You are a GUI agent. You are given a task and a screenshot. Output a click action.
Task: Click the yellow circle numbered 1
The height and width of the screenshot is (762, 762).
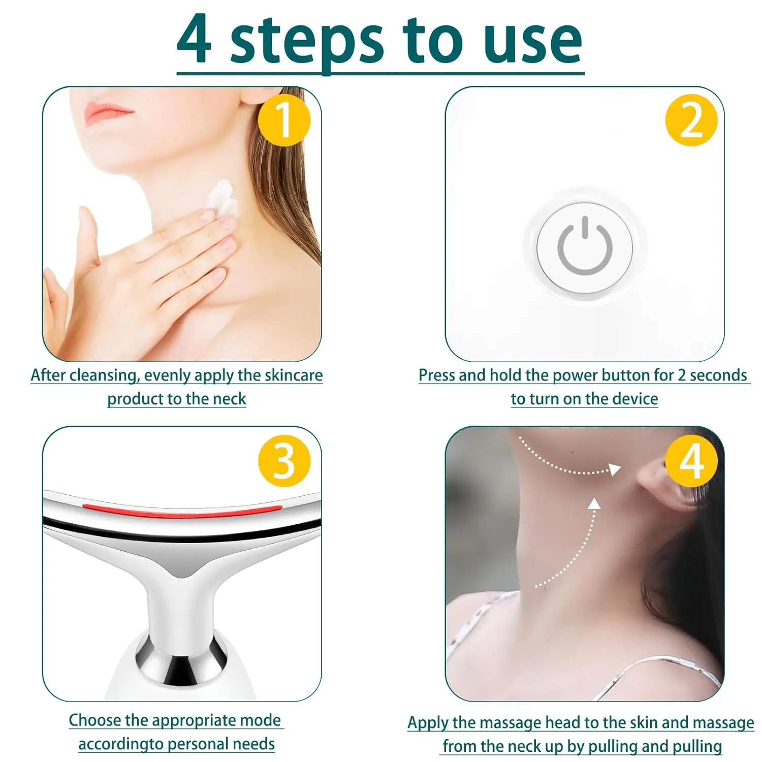(x=284, y=120)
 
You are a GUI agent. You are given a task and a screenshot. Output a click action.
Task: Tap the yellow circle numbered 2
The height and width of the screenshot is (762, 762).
(x=691, y=120)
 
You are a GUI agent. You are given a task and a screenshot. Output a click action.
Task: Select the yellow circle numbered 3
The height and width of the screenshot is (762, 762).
(x=284, y=461)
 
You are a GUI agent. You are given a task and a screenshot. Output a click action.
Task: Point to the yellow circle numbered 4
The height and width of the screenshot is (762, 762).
(x=691, y=461)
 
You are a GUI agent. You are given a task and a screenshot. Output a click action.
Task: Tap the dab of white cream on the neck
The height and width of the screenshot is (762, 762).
(x=223, y=198)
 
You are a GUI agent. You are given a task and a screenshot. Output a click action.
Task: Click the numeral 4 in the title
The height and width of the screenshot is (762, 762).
(x=194, y=40)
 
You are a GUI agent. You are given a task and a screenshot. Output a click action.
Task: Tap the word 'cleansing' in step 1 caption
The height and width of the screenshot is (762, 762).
(x=104, y=375)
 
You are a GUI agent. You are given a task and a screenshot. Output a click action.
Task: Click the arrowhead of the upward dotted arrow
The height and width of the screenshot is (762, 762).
(x=594, y=503)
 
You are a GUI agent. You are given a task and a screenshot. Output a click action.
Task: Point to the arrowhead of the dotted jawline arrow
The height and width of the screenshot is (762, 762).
(x=615, y=469)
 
